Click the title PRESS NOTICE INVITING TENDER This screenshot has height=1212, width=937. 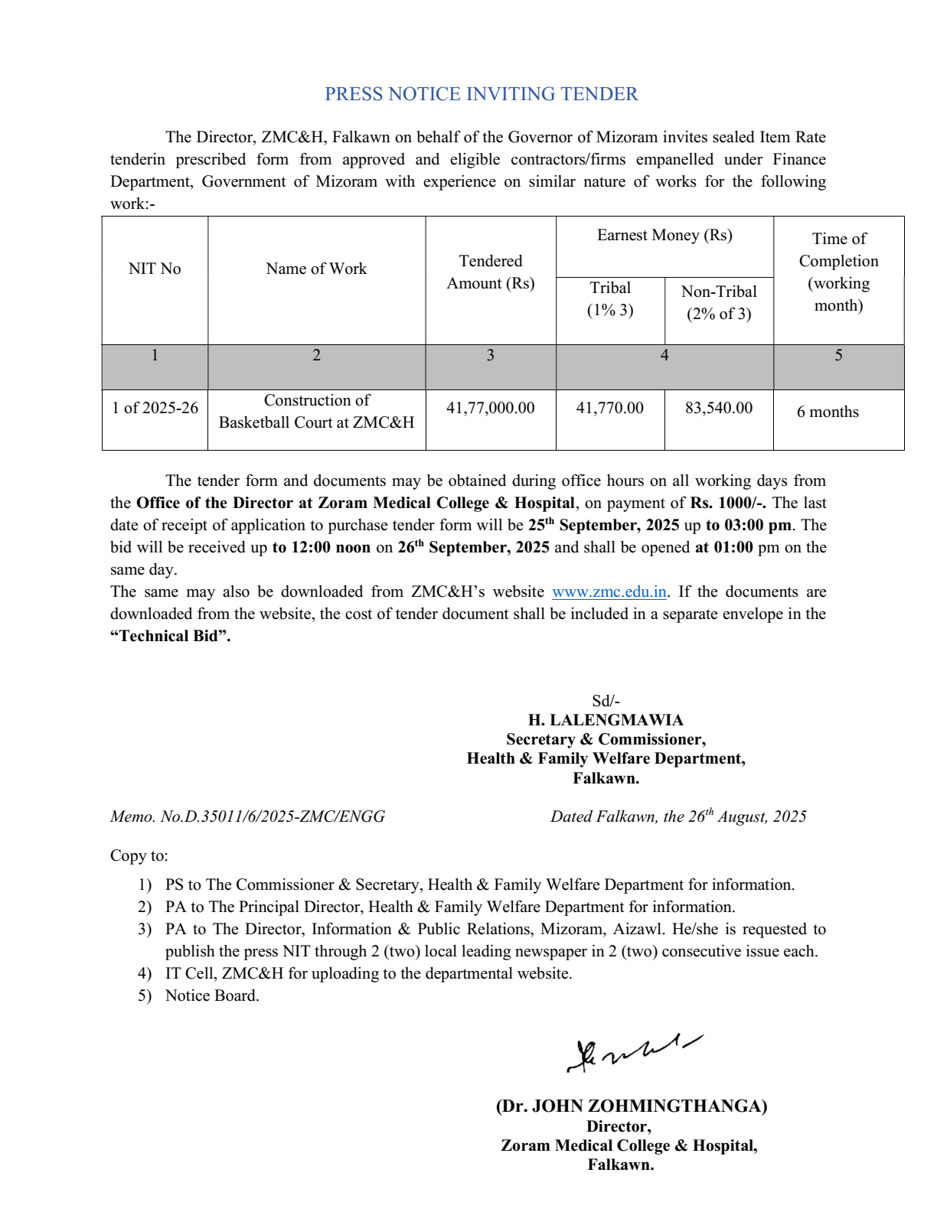(x=481, y=94)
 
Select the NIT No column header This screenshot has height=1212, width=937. (x=155, y=269)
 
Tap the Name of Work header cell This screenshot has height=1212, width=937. (x=316, y=269)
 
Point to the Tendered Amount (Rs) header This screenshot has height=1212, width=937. (x=491, y=272)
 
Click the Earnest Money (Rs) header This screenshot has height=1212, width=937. (x=664, y=235)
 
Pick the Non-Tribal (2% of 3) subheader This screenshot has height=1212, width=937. (x=719, y=302)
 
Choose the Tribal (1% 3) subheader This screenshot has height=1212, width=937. (x=610, y=299)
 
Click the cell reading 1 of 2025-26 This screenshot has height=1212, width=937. (x=155, y=408)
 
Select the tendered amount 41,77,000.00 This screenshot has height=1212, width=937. (x=491, y=408)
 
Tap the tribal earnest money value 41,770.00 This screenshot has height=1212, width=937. (x=610, y=408)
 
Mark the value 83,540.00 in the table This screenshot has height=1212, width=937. (x=719, y=408)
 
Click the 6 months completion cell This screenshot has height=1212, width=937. (x=828, y=412)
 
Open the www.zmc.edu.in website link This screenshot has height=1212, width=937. (x=609, y=592)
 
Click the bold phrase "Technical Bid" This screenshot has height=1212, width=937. (x=170, y=637)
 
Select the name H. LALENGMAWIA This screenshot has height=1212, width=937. (x=606, y=720)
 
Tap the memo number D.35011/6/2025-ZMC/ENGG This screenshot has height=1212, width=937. (x=272, y=816)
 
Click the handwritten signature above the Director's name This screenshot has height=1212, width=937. (x=632, y=1053)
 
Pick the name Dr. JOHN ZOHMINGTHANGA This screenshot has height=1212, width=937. (x=632, y=1106)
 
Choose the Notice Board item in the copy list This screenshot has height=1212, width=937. (x=212, y=995)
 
